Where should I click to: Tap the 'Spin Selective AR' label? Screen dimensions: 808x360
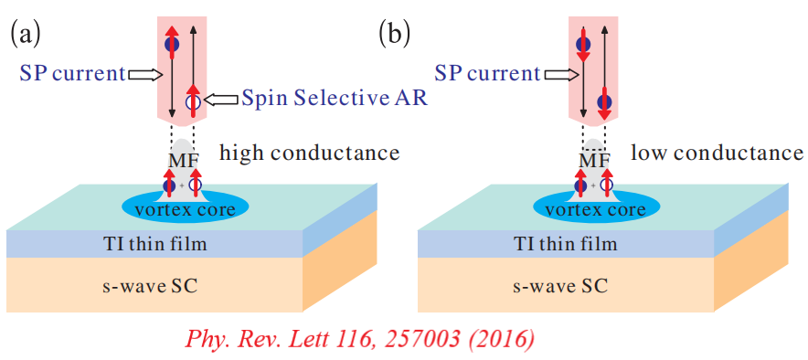(x=335, y=99)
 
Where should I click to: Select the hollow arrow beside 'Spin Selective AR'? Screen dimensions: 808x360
(x=220, y=99)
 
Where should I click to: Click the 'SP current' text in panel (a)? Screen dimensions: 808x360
(x=72, y=75)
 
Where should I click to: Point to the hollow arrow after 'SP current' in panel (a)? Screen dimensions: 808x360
(x=144, y=75)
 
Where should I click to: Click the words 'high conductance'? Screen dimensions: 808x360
(x=309, y=153)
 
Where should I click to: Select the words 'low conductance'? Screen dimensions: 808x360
(x=718, y=153)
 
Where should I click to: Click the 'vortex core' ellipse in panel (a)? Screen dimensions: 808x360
(x=186, y=208)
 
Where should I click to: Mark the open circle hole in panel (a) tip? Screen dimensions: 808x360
(x=192, y=101)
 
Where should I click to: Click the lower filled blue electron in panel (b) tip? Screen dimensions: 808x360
(x=605, y=101)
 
